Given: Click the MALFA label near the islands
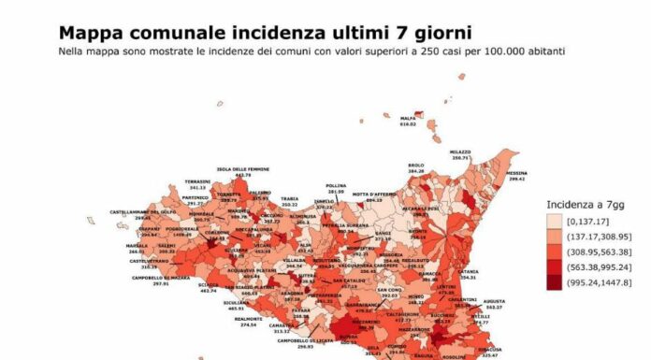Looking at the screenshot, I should coord(408,118).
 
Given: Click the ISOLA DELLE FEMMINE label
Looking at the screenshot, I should coord(243,168).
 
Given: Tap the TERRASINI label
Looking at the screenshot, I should coord(197,181).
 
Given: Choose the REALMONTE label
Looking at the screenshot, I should coord(248,319).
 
